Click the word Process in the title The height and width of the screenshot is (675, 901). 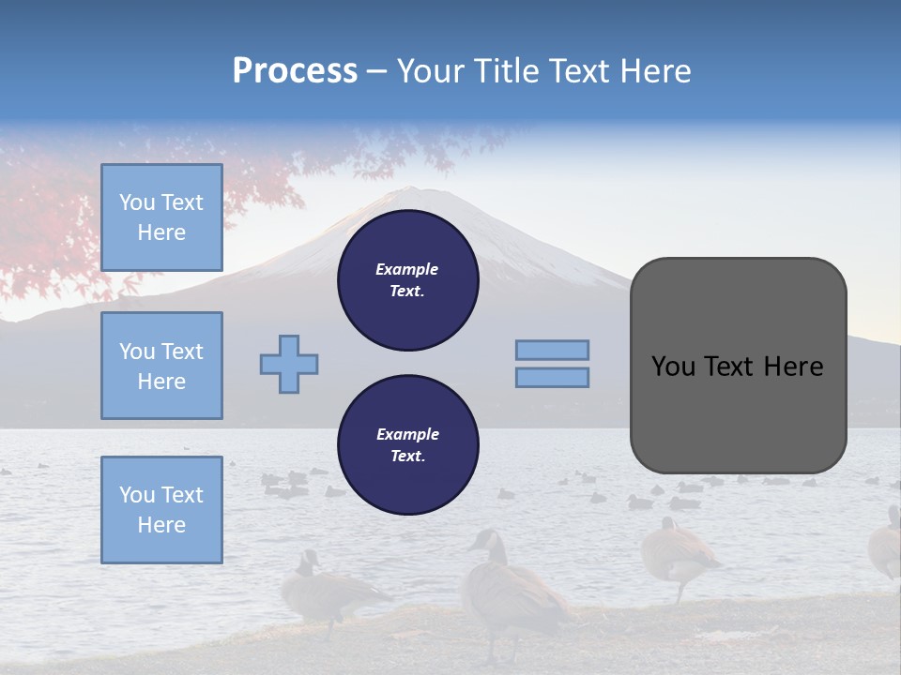tap(295, 71)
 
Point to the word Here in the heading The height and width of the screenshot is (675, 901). tap(652, 71)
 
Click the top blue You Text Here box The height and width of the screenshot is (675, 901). tap(161, 217)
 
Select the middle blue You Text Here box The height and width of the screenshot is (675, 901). tap(161, 366)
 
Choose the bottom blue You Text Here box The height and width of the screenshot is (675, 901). tap(161, 509)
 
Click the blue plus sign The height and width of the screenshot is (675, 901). tap(289, 364)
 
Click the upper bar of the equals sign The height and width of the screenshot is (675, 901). tap(552, 350)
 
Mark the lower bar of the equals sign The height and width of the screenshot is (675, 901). tap(552, 377)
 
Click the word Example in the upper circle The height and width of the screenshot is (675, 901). tap(407, 269)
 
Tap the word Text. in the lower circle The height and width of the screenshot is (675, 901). tap(407, 457)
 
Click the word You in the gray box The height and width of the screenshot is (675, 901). tap(673, 367)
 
